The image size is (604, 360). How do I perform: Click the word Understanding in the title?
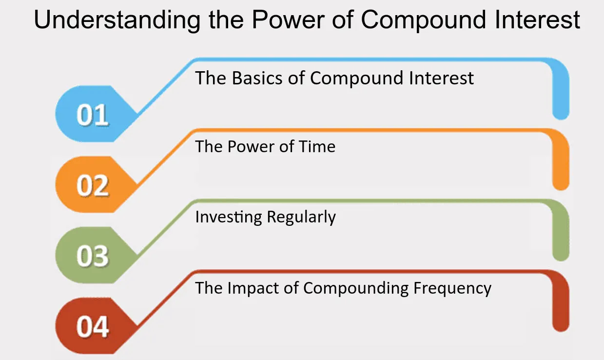[117, 20]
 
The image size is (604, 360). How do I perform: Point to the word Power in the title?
[288, 20]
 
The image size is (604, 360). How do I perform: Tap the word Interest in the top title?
[537, 20]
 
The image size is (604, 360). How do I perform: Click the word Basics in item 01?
[257, 78]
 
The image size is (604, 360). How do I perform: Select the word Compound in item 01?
[356, 79]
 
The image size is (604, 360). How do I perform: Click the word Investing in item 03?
[229, 218]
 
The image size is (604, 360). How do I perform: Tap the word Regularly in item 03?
[301, 218]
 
